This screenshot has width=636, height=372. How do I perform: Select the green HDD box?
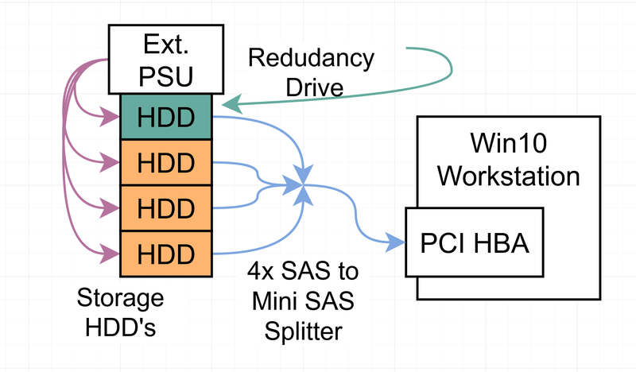tap(166, 117)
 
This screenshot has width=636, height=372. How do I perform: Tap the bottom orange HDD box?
tap(166, 254)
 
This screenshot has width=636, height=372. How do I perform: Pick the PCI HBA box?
tap(475, 242)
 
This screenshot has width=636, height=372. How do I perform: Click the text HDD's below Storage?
tap(120, 327)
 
